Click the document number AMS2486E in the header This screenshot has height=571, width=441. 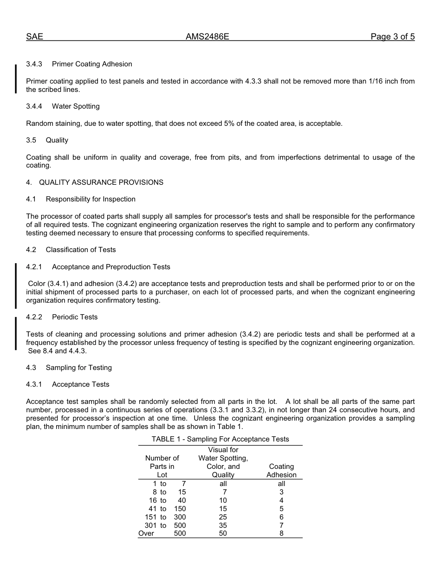[207, 37]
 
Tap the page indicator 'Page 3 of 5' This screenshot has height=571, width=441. [392, 37]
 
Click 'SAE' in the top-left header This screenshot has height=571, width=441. [34, 37]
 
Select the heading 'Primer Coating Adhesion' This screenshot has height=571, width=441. [92, 64]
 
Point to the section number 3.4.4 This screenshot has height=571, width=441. [34, 106]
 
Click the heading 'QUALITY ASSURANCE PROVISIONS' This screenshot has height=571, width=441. [101, 182]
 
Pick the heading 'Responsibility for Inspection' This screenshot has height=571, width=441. [91, 199]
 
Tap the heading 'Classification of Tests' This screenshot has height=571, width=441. [81, 250]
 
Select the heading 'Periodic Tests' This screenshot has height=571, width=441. [75, 317]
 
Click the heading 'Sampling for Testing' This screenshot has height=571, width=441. [78, 368]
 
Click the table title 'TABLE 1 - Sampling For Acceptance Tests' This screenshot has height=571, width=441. [220, 439]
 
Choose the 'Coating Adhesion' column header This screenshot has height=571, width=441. [281, 471]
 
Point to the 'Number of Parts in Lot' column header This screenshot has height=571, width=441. [162, 467]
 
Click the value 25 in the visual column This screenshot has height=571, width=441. [223, 517]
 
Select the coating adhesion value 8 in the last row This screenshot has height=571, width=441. [281, 534]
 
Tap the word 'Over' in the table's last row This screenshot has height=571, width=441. [146, 534]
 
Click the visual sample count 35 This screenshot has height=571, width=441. [223, 526]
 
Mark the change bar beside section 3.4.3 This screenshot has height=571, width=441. [16, 78]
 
